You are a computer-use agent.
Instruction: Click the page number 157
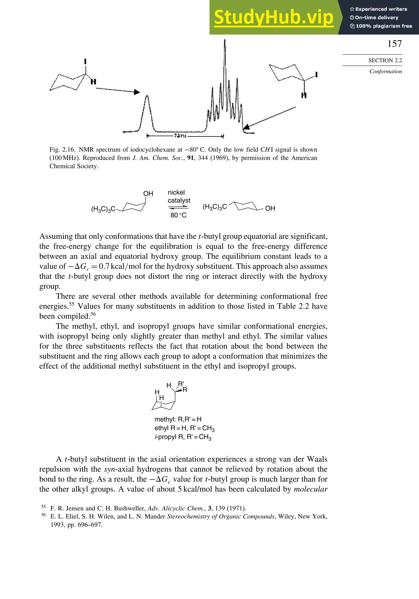[x=394, y=44]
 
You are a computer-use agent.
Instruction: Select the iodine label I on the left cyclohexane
[x=85, y=62]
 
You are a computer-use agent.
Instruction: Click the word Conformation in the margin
[x=386, y=71]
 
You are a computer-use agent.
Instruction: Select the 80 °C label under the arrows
[x=179, y=215]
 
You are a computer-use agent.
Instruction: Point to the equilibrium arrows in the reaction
[x=178, y=207]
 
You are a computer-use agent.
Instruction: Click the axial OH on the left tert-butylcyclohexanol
[x=148, y=194]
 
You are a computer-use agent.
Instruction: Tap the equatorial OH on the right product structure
[x=270, y=208]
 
